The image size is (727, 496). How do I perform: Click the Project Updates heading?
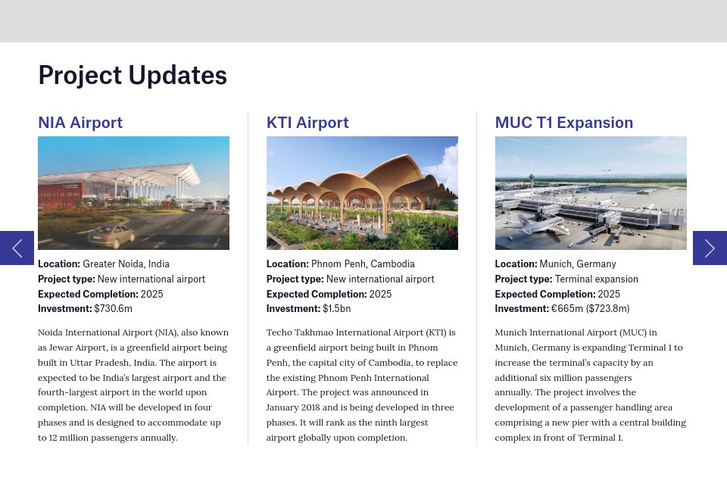tap(133, 76)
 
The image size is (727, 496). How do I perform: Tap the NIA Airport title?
tap(80, 123)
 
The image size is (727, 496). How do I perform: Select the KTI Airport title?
tap(307, 123)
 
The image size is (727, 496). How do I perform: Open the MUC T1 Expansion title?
tap(563, 123)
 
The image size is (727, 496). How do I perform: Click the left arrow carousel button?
tap(17, 248)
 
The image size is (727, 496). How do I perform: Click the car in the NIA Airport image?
tap(111, 236)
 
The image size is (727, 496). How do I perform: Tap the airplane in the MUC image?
tap(543, 223)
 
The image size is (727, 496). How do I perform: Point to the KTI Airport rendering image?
tap(362, 193)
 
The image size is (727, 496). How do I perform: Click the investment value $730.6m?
tap(113, 308)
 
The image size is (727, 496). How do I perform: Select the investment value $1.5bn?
tap(336, 308)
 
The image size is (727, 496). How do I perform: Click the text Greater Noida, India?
tap(126, 264)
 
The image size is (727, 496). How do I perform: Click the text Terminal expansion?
tap(596, 279)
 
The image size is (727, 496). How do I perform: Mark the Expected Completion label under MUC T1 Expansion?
tap(544, 294)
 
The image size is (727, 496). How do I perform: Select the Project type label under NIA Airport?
tap(67, 279)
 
